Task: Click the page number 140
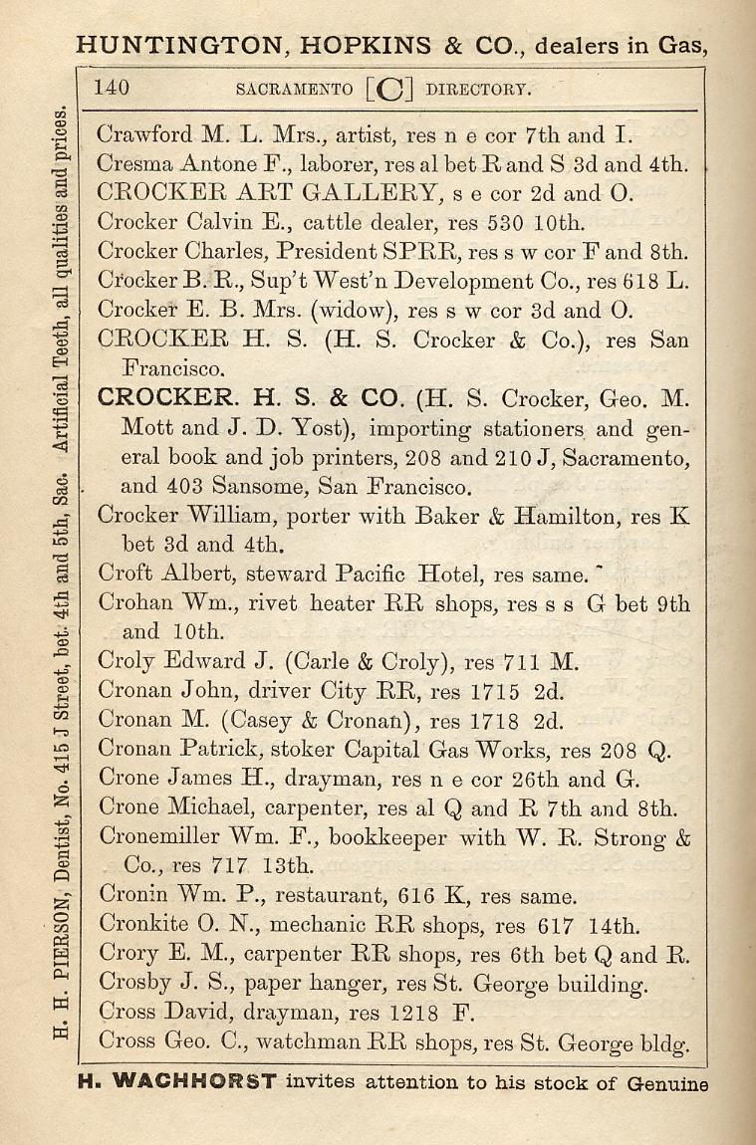coord(112,88)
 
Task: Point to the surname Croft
coord(125,574)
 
